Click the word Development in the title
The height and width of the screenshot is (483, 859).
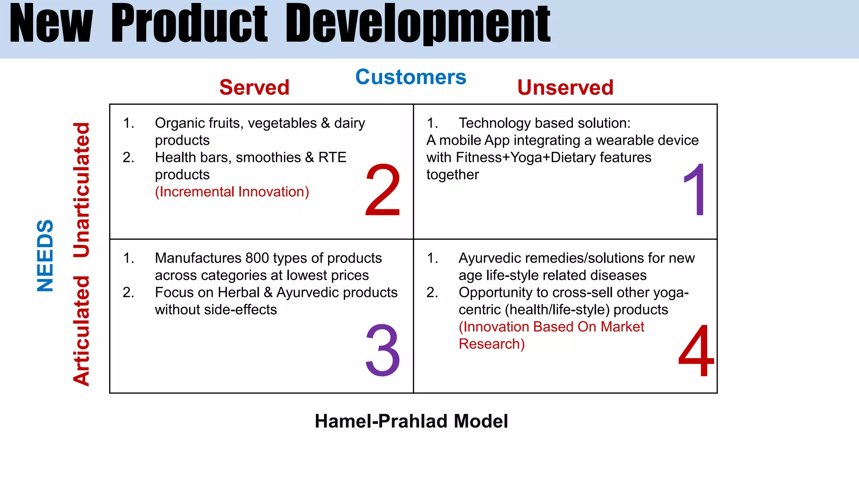[x=418, y=24]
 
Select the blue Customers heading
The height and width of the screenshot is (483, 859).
[x=411, y=77]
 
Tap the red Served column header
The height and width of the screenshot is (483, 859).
[x=254, y=88]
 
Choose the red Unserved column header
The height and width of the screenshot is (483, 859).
[x=565, y=88]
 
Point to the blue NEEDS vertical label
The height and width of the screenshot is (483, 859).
[x=45, y=255]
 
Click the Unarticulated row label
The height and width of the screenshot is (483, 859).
[x=81, y=190]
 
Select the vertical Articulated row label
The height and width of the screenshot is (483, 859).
[x=81, y=330]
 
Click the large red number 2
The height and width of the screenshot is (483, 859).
[x=383, y=191]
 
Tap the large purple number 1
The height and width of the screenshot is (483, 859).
[x=695, y=191]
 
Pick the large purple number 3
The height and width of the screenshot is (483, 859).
[x=383, y=351]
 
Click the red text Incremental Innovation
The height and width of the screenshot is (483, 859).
[x=232, y=192]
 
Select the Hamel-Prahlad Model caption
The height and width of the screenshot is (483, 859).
[x=411, y=421]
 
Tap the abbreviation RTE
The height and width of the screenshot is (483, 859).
[x=332, y=157]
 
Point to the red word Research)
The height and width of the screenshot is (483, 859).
[x=492, y=344]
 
